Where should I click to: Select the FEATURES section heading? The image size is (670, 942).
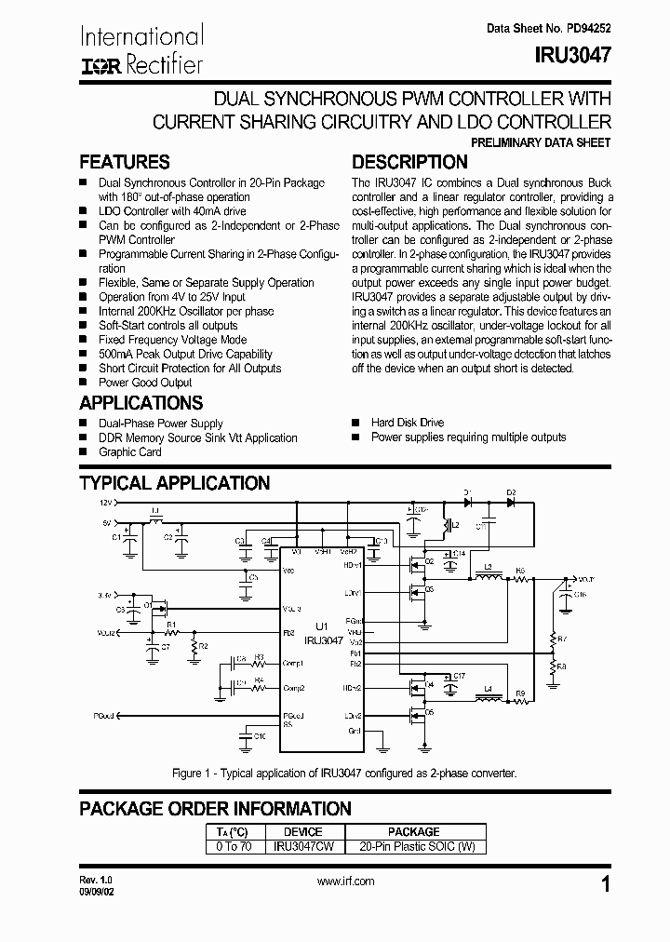[125, 162]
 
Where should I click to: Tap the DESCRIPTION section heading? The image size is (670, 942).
[409, 162]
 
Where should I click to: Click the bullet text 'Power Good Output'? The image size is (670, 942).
[145, 383]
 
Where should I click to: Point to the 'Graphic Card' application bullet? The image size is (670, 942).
[130, 452]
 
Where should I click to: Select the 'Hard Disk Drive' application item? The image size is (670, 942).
[408, 423]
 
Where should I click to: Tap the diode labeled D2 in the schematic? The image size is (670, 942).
[511, 500]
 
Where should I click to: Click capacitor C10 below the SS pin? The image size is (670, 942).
[248, 736]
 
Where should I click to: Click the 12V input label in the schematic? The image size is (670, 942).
[105, 501]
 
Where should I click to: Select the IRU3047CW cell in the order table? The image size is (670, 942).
[303, 847]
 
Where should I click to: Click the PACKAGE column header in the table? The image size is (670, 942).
[413, 831]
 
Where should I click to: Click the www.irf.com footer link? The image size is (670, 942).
[346, 881]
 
